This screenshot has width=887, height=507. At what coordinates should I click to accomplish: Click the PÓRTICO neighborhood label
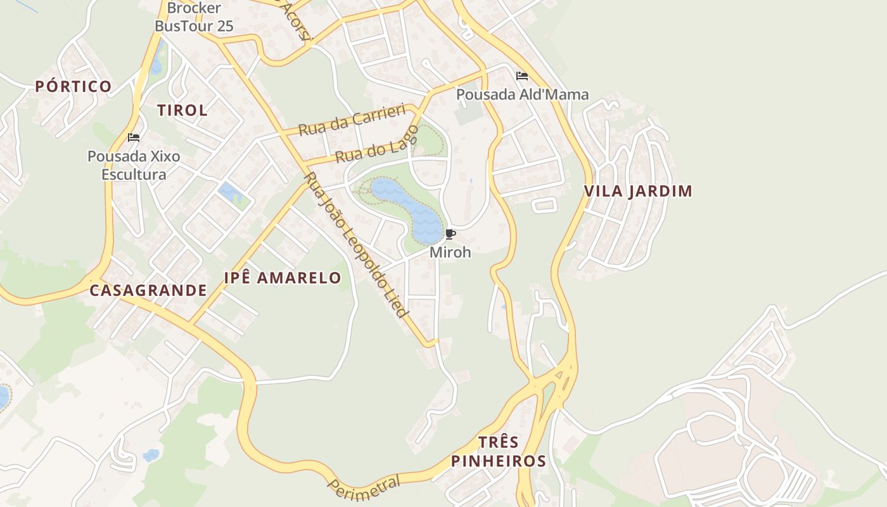tap(73, 86)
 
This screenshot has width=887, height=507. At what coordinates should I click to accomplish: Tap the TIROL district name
tap(182, 110)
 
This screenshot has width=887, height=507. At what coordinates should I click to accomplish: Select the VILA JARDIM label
tap(638, 191)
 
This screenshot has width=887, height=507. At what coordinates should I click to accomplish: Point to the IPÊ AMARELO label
tap(283, 278)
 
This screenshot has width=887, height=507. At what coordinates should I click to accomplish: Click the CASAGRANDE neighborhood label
tap(148, 290)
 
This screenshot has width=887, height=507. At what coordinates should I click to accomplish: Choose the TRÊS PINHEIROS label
tap(498, 451)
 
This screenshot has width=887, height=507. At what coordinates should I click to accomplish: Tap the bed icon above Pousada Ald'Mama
tap(522, 76)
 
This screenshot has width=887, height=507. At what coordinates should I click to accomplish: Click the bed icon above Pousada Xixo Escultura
tap(134, 137)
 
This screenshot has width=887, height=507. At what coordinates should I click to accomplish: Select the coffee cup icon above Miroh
tap(450, 234)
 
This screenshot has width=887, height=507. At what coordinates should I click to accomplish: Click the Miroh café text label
tap(450, 252)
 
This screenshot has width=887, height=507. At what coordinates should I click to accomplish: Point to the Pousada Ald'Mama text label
tap(523, 94)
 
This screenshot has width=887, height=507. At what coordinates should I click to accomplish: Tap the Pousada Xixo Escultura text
tap(134, 165)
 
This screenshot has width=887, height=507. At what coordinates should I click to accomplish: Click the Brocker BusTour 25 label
tap(194, 17)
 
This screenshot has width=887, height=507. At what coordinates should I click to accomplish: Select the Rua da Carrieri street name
tap(352, 120)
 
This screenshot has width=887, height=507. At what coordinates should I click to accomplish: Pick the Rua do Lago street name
tap(377, 144)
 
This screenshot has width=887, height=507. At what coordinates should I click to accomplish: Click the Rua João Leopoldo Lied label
tap(356, 245)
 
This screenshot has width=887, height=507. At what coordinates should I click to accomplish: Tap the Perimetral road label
tap(364, 486)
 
